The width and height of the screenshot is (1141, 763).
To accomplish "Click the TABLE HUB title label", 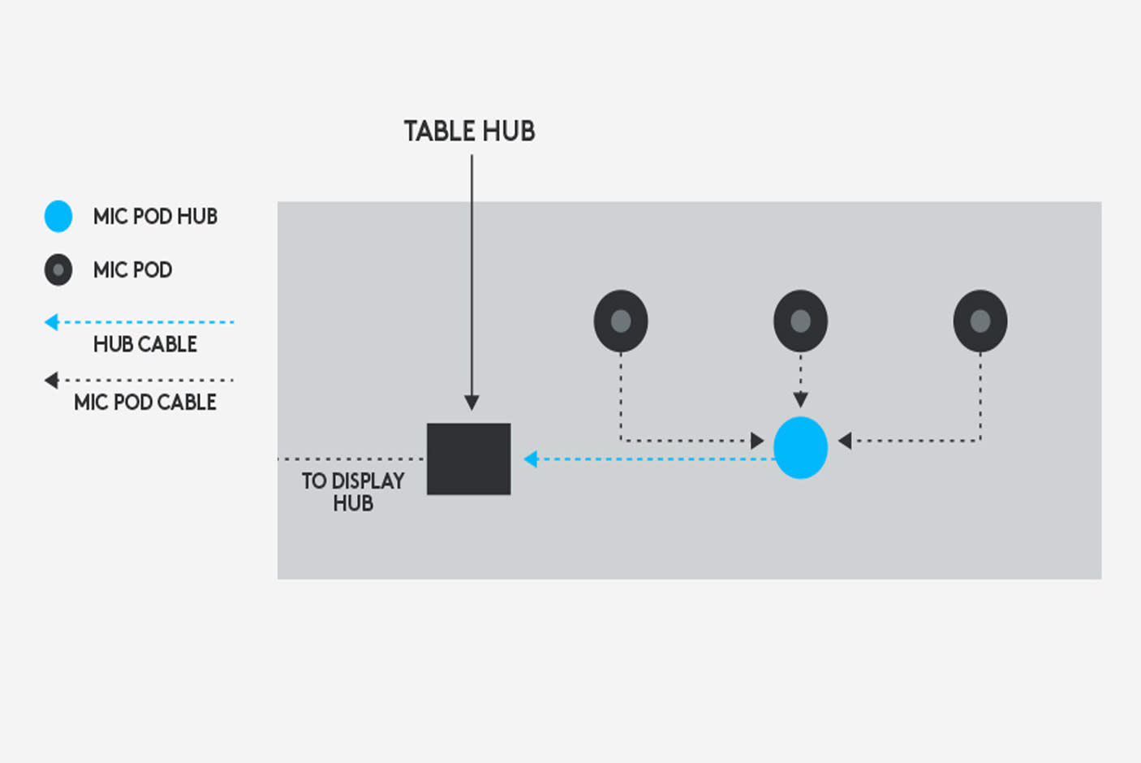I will [469, 131].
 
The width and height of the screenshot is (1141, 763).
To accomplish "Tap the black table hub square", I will [469, 459].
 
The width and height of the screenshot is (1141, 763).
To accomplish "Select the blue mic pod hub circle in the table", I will [800, 447].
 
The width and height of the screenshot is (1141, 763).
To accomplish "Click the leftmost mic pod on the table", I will [621, 321].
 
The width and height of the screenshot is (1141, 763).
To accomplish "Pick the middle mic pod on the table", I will [800, 321].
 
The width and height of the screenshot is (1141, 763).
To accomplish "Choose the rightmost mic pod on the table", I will [980, 321].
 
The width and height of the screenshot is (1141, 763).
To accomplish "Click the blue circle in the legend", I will [58, 216].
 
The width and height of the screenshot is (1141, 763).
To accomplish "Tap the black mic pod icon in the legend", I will [58, 269].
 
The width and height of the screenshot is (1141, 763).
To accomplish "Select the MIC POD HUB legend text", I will [155, 216].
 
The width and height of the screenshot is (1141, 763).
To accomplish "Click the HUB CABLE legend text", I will [145, 344].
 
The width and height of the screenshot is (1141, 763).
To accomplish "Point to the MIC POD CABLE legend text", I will [145, 402].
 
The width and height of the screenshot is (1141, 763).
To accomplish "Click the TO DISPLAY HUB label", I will [353, 492].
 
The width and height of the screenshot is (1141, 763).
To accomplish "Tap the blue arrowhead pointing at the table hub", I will [531, 459].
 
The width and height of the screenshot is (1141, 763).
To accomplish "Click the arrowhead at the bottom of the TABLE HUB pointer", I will [471, 403].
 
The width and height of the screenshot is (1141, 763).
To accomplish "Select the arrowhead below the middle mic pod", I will [800, 399].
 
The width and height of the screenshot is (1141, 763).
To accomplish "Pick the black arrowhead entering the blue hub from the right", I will [845, 441].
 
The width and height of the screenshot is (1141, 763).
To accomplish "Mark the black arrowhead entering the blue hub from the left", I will [757, 441].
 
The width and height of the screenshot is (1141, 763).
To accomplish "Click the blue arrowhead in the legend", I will [52, 322].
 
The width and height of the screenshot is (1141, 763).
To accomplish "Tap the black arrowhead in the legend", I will [52, 380].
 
